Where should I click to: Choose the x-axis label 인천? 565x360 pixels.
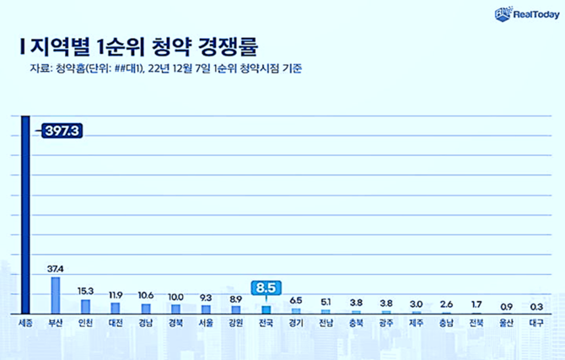85,323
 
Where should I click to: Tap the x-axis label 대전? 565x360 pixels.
116,323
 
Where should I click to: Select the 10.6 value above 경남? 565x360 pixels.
146,296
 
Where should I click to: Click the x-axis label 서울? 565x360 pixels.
206,323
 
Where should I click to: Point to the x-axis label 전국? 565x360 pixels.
266,323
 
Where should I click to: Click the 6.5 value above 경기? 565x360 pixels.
296,299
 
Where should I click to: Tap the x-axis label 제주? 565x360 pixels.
416,323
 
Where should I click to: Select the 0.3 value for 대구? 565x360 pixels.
536,307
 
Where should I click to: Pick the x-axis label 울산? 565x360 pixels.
506,323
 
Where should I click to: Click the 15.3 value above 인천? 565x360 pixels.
86,291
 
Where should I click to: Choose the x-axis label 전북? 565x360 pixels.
476,323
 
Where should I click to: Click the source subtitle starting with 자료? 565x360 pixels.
160,69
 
